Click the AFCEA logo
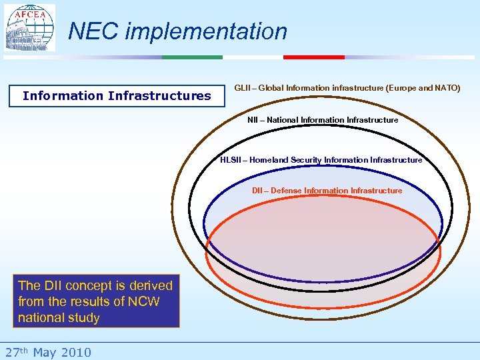pyautogui.click(x=30, y=28)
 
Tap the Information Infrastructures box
pyautogui.click(x=117, y=96)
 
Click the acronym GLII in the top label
pyautogui.click(x=243, y=88)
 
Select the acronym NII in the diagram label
pyautogui.click(x=253, y=120)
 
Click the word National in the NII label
pyautogui.click(x=283, y=120)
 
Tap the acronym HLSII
pyautogui.click(x=232, y=160)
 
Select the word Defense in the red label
pyautogui.click(x=286, y=191)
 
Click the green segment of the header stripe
pyautogui.click(x=192, y=57)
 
